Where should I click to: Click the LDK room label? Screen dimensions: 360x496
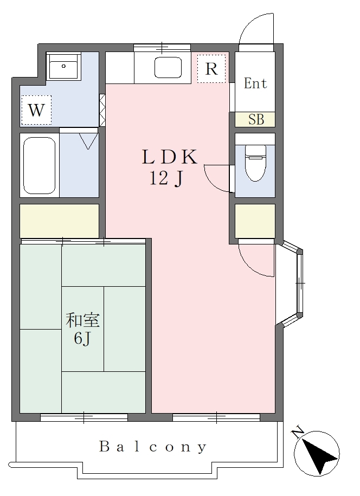point(170,157)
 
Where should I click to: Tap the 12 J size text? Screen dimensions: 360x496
point(166,179)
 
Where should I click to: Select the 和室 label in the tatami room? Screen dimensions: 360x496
point(82,320)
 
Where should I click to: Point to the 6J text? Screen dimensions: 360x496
point(82,339)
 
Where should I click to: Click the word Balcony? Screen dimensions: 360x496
point(153,447)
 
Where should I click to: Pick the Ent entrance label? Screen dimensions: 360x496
point(255,83)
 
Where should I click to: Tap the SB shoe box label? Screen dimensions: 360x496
point(256,119)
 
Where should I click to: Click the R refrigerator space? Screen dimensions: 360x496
point(211,69)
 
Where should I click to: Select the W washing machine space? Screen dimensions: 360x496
point(36,110)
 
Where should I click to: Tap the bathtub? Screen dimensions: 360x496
point(40,165)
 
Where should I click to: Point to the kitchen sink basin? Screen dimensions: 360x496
point(168,67)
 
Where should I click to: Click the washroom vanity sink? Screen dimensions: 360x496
point(63,66)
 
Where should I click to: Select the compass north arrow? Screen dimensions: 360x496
point(317,453)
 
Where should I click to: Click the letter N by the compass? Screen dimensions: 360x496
point(298,433)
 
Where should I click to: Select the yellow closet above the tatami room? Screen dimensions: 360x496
point(60,221)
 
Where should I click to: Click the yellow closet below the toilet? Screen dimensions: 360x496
point(255,221)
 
